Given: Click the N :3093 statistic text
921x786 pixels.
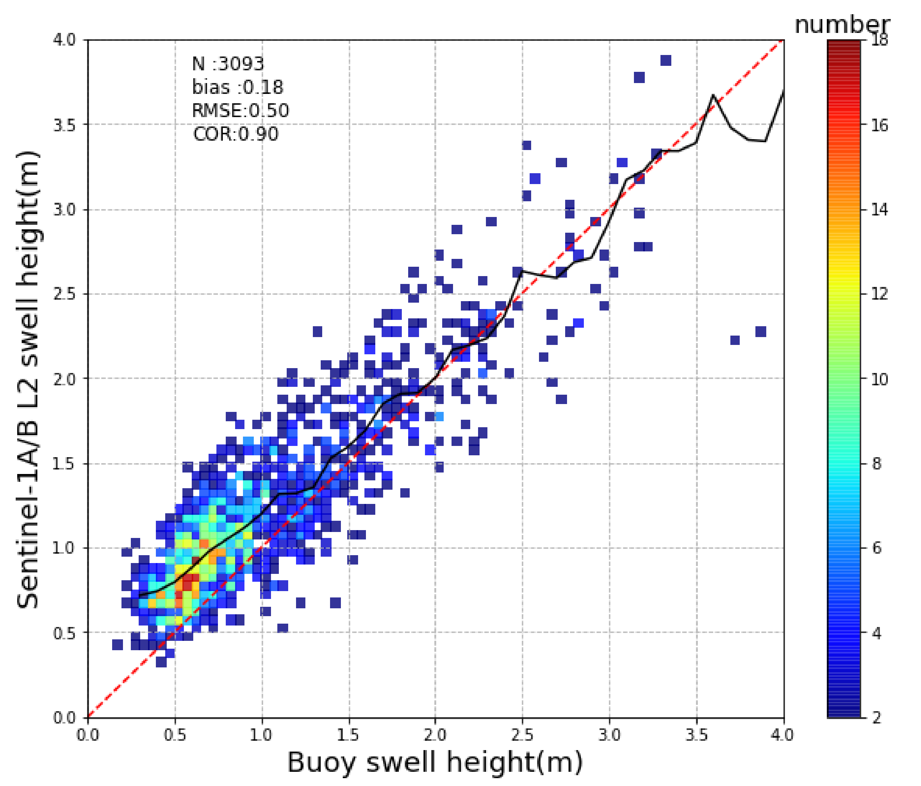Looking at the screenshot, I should [x=228, y=64].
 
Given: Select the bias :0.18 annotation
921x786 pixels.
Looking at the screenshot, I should [x=237, y=87].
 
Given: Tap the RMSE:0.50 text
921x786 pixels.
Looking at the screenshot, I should [x=240, y=110].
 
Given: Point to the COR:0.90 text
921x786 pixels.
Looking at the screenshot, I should [x=235, y=134].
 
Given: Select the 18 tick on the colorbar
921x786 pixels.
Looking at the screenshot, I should [x=881, y=40].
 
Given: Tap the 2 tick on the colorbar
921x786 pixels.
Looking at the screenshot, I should [x=877, y=718].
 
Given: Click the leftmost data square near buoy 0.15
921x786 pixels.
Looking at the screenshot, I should [x=117, y=645].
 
